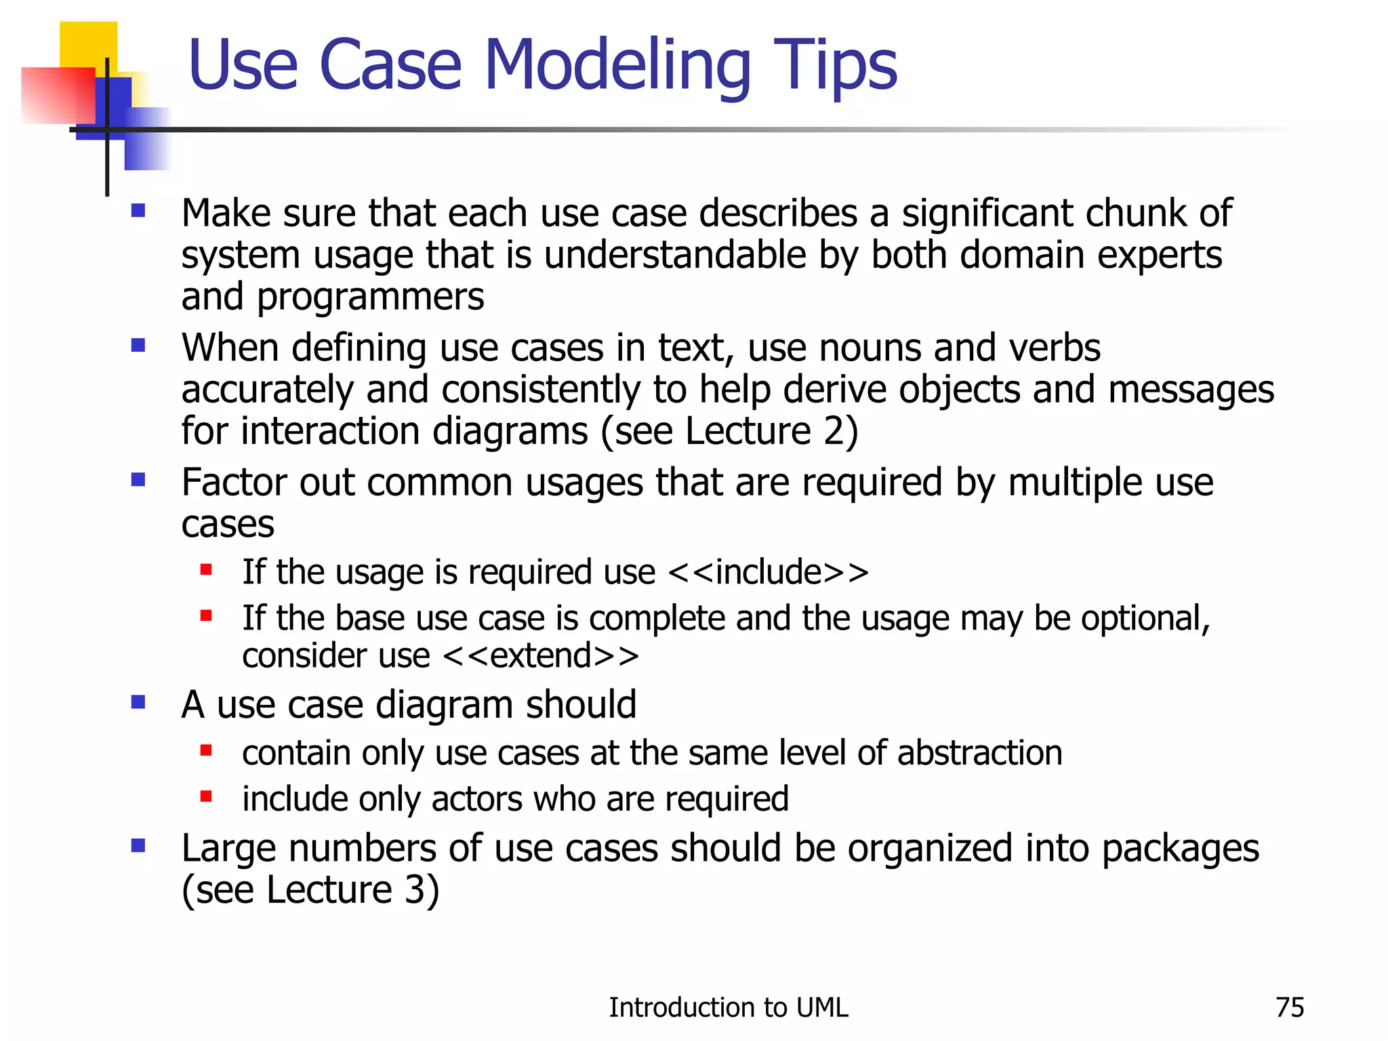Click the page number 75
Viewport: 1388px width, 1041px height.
point(1289,1008)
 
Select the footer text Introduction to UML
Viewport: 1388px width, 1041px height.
point(728,1008)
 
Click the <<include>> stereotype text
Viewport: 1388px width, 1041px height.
point(768,572)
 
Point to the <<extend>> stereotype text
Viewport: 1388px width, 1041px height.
point(540,655)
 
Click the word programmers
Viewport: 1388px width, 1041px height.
point(370,298)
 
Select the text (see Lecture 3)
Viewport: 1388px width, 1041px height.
point(310,890)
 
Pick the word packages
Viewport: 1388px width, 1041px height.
point(1180,849)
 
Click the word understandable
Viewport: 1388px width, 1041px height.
point(675,256)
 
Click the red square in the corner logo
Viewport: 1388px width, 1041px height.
point(57,95)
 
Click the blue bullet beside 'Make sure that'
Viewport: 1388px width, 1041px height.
point(138,211)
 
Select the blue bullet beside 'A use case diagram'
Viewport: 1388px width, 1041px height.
point(138,702)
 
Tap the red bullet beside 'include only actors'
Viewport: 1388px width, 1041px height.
point(207,796)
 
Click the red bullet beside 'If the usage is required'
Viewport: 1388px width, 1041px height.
point(207,570)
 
